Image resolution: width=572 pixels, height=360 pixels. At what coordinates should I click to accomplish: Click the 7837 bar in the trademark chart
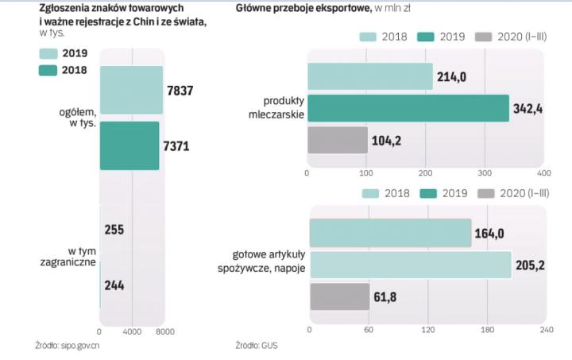pos(131,90)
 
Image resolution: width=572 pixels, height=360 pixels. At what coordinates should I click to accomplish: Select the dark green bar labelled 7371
pos(129,145)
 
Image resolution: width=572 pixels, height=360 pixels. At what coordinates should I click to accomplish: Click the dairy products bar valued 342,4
pos(408,108)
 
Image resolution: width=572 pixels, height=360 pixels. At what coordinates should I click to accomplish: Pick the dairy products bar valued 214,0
pos(370,76)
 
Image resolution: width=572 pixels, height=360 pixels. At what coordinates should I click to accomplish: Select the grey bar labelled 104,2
pos(337,141)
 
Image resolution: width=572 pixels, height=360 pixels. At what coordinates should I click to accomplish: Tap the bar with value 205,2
pos(410,265)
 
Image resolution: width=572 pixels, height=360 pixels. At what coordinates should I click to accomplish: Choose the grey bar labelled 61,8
pos(339,296)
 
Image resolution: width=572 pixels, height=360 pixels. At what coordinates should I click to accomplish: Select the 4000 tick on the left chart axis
pos(132,331)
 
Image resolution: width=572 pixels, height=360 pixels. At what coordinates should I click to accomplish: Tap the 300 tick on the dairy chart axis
pos(485,172)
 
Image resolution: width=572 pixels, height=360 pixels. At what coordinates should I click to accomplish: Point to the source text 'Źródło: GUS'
pos(257,346)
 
